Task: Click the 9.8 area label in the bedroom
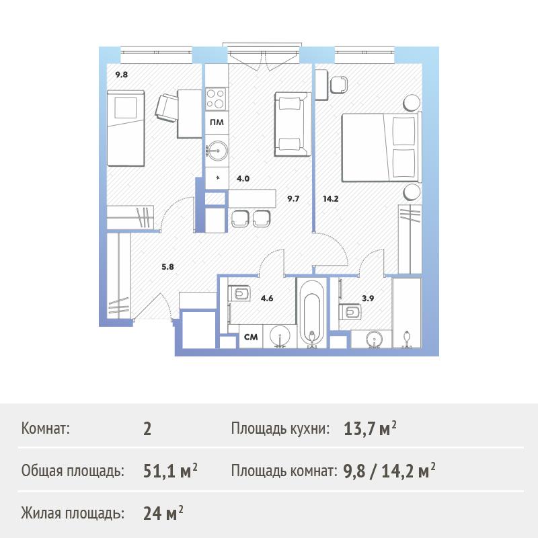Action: [122, 75]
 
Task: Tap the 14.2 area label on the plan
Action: [331, 198]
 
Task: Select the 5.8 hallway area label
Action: [167, 266]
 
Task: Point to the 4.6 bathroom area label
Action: [267, 298]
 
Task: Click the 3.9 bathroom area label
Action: [368, 298]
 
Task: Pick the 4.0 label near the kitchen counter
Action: [243, 178]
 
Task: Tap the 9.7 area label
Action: [293, 198]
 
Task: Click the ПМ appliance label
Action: [217, 122]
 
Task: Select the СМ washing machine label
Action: [251, 337]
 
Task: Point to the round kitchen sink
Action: [217, 150]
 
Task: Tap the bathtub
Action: [311, 313]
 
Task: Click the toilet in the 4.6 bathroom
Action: [240, 293]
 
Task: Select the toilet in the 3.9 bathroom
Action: [351, 312]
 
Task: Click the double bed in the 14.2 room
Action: [381, 147]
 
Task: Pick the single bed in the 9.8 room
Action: [126, 128]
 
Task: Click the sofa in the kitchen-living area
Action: [293, 124]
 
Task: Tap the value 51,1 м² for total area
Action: [170, 471]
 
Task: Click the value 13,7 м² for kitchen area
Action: [370, 428]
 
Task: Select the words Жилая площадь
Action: [73, 513]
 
